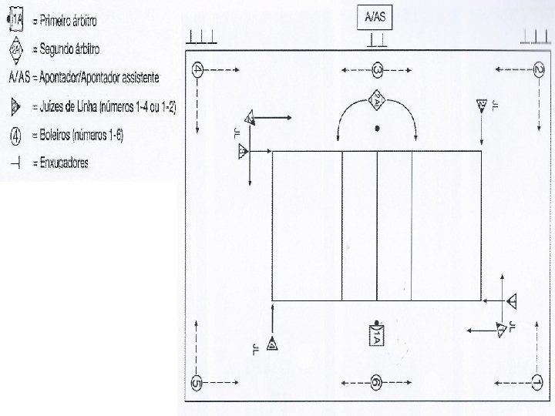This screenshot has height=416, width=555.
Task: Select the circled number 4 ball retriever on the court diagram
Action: coord(198,69)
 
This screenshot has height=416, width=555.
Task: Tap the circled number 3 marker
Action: coord(377,69)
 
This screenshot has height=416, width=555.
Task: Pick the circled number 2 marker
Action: coord(537,69)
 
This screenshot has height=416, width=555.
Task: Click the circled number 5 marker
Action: coord(197,383)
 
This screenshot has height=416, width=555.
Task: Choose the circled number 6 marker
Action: coord(375,382)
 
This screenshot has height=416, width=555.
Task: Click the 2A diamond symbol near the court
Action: coord(377,99)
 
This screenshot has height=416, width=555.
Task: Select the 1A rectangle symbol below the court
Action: coord(375,336)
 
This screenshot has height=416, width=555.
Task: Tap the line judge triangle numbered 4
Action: coord(272,344)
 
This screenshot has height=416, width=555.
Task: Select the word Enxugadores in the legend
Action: coord(64,162)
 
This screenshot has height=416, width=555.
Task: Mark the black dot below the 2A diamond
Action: coord(376,128)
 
